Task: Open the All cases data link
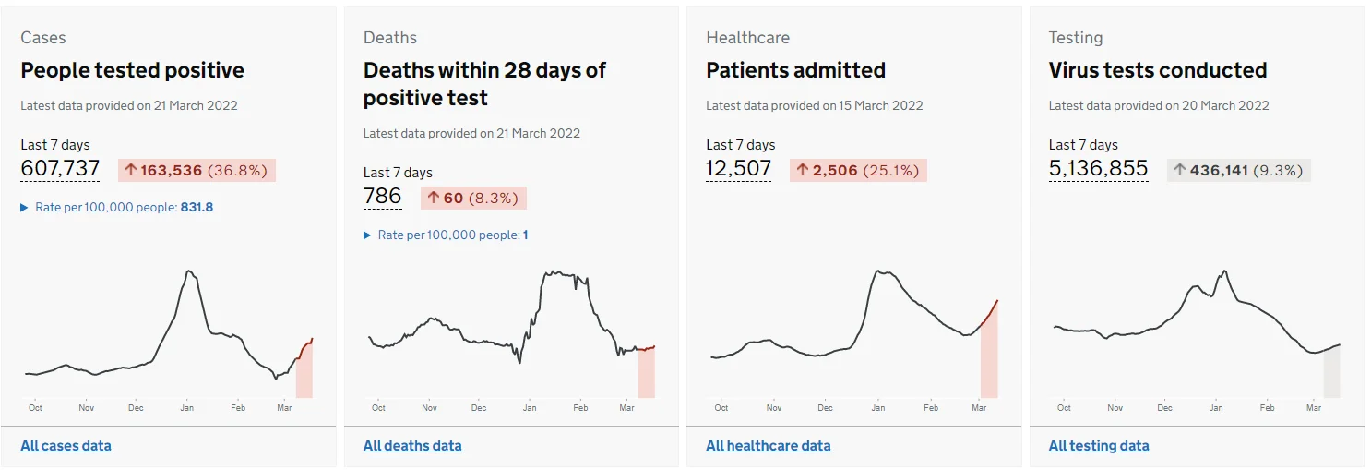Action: coord(66,445)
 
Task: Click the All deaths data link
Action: coord(412,445)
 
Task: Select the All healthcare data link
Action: coord(769,445)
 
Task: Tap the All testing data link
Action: coord(1099,445)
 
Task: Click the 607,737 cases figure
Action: coord(60,168)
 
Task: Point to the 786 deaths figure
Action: coord(383,196)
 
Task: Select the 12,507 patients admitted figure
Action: coord(738,168)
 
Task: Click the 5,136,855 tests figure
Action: coord(1098,168)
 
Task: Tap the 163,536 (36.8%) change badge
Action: coord(197,170)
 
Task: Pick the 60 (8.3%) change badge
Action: coord(473,198)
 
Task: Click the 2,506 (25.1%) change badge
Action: coord(858,170)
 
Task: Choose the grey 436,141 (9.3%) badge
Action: coord(1239,170)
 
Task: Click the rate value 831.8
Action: coord(197,207)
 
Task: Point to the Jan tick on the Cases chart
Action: coord(186,407)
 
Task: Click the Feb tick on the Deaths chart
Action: coord(580,407)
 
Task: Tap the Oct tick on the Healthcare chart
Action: coord(721,407)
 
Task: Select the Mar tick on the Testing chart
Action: coord(1314,407)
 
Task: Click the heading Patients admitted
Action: coord(795,70)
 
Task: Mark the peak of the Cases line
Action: coord(189,271)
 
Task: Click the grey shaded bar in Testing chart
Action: coord(1332,371)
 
